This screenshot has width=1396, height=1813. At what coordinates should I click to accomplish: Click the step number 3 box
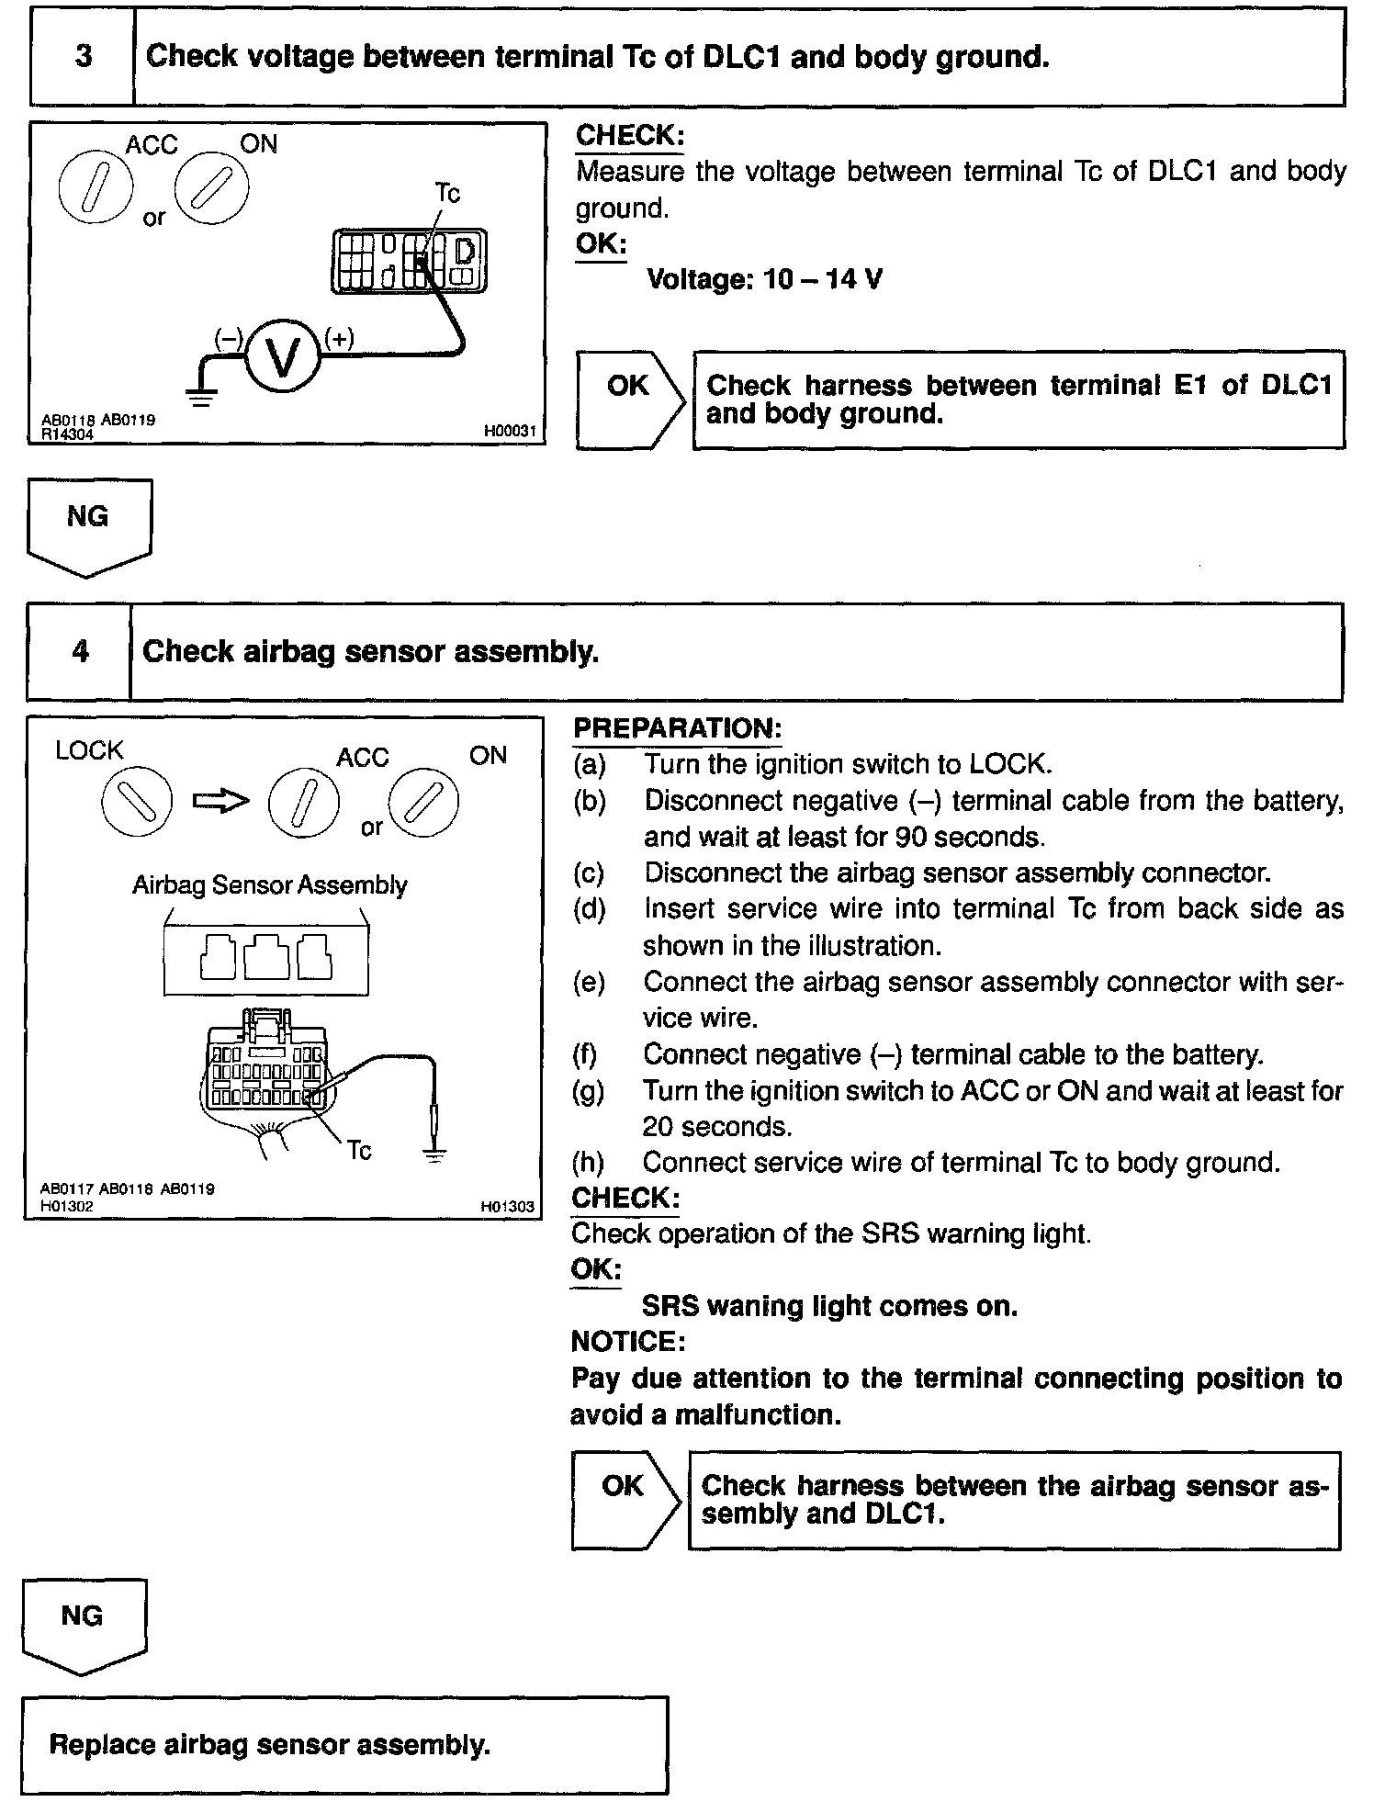pyautogui.click(x=83, y=57)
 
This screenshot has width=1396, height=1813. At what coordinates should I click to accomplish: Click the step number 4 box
pyautogui.click(x=80, y=652)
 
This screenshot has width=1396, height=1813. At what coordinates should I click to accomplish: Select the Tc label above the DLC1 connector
pyautogui.click(x=446, y=194)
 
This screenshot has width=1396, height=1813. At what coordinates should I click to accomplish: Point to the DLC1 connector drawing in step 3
pyautogui.click(x=409, y=262)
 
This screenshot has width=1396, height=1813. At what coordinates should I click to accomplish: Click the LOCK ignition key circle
pyautogui.click(x=136, y=801)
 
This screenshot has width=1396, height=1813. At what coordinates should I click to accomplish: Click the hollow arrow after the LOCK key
pyautogui.click(x=220, y=802)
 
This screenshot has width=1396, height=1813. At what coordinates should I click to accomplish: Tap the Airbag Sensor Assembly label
pyautogui.click(x=269, y=885)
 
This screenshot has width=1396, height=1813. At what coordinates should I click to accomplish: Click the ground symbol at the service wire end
pyautogui.click(x=435, y=1154)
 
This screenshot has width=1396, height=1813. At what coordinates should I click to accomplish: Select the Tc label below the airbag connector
pyautogui.click(x=359, y=1151)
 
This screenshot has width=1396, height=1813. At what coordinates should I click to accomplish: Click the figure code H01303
pyautogui.click(x=507, y=1207)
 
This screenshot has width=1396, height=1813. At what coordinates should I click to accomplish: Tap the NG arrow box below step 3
pyautogui.click(x=88, y=525)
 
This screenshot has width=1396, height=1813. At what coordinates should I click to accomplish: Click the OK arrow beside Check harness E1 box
pyautogui.click(x=630, y=399)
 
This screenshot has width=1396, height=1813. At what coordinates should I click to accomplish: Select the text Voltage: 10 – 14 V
pyautogui.click(x=764, y=279)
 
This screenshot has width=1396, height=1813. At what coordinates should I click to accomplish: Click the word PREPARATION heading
pyautogui.click(x=677, y=728)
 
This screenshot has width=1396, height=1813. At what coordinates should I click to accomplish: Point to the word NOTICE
pyautogui.click(x=628, y=1342)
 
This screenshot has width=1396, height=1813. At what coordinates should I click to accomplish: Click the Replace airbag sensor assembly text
pyautogui.click(x=269, y=1744)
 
